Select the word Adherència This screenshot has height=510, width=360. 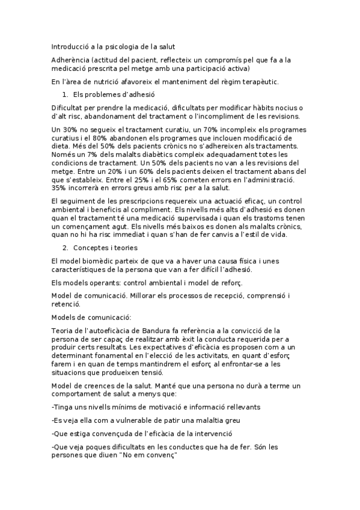[71, 60]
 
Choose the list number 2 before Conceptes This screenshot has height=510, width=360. [65, 248]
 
